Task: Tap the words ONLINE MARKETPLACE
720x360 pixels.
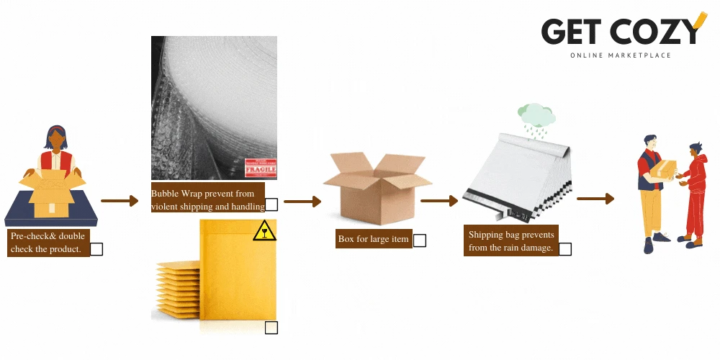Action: click(620, 55)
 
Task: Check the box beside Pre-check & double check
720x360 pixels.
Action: click(96, 249)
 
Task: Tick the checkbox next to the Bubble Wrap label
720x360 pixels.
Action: click(271, 204)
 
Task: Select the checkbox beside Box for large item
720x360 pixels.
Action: click(419, 240)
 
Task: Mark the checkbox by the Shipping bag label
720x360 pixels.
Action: click(565, 249)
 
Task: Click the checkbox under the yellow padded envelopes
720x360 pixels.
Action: click(271, 328)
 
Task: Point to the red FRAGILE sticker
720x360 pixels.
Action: click(261, 168)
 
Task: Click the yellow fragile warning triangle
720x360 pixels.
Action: click(264, 230)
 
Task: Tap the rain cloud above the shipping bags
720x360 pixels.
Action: click(536, 115)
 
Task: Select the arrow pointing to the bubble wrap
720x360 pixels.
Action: click(119, 201)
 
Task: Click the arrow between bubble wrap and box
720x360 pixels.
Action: click(302, 202)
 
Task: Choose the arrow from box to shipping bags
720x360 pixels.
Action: click(439, 201)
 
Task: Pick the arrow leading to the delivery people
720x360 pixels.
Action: click(595, 199)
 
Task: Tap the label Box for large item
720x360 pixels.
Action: click(374, 239)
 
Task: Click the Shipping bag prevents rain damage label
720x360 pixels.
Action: click(510, 241)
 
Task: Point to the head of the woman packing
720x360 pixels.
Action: click(56, 138)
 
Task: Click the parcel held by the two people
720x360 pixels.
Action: click(665, 170)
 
